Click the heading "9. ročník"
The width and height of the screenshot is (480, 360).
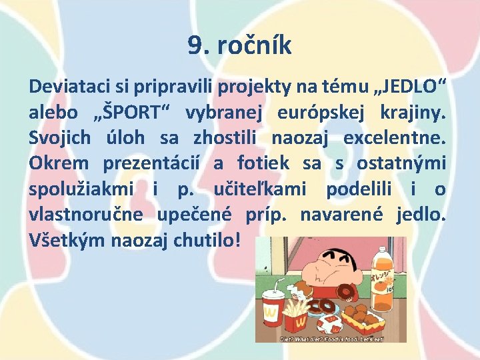(x=239, y=46)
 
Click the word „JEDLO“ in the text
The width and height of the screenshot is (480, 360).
(x=409, y=86)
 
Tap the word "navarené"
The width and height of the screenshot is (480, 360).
(x=342, y=215)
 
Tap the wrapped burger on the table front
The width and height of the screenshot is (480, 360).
(x=329, y=325)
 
